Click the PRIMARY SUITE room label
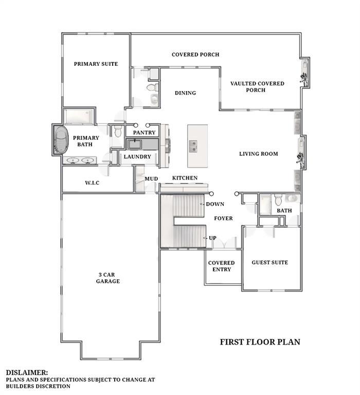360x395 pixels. click(96, 64)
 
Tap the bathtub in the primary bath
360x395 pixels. click(62, 140)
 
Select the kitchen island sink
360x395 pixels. click(193, 147)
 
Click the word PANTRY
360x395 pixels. click(144, 133)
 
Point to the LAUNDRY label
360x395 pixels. click(137, 157)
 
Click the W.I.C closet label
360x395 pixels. click(92, 183)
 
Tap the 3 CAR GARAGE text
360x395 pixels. click(108, 278)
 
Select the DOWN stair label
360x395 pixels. click(215, 204)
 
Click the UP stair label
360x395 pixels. click(212, 238)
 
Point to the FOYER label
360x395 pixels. click(223, 219)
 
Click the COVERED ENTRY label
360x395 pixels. click(222, 266)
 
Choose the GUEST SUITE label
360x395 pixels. click(270, 262)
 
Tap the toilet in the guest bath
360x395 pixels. click(278, 200)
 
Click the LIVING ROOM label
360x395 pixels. click(259, 154)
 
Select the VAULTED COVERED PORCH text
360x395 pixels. click(257, 86)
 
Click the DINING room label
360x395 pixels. click(186, 93)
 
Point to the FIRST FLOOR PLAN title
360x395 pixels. click(260, 342)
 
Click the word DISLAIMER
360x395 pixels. click(27, 372)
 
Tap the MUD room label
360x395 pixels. click(151, 179)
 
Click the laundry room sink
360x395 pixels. click(135, 145)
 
